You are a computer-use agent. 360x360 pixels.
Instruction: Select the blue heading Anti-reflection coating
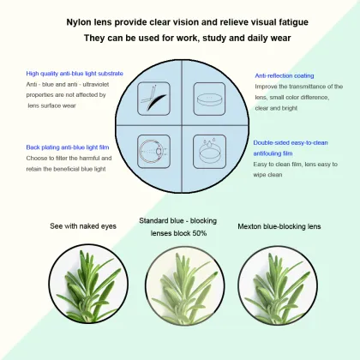[285, 75]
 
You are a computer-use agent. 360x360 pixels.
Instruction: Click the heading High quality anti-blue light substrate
[75, 74]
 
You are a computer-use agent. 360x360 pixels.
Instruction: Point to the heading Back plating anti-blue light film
[68, 147]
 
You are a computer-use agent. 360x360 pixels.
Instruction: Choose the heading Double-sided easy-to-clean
[291, 142]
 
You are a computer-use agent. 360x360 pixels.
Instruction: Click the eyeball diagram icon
[153, 152]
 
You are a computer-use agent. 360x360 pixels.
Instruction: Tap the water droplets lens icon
[209, 152]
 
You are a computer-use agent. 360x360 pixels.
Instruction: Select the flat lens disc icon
[209, 99]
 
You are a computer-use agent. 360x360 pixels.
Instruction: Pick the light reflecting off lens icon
[153, 99]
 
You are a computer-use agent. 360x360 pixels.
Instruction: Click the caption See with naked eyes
[83, 226]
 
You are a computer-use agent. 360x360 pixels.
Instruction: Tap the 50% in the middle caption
[200, 233]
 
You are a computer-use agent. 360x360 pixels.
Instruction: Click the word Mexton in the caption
[249, 226]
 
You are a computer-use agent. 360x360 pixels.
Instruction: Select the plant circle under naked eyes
[88, 284]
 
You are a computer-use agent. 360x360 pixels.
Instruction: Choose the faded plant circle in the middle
[185, 285]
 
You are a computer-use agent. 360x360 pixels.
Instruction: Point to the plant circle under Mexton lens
[278, 285]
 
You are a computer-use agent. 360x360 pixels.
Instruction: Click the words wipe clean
[267, 175]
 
